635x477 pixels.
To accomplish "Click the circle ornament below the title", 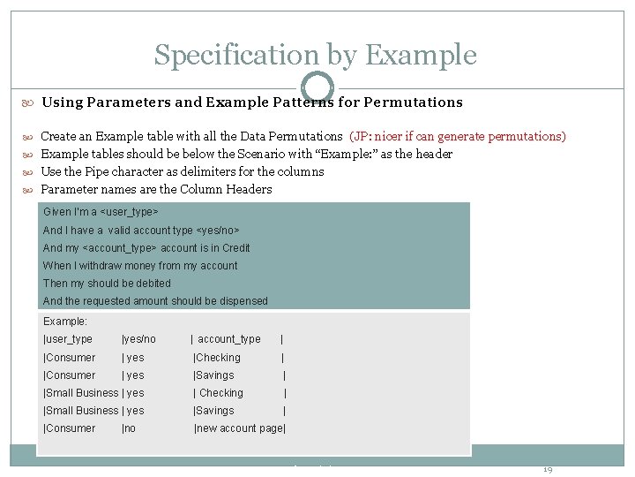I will coord(317,87).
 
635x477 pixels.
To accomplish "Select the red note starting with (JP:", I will coord(458,136).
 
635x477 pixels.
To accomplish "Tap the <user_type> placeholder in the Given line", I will coord(131,213).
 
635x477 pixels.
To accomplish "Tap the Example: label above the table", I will coord(65,322).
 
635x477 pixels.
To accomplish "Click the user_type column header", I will coord(69,339).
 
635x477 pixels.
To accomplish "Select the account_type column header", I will coord(229,339).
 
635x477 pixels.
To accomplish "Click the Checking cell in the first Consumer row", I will coord(218,358).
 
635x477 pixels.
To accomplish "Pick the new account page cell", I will coord(240,428).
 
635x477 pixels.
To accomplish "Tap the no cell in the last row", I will coord(130,428).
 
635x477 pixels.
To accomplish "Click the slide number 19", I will coord(547,469).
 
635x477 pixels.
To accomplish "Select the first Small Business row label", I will coord(81,393).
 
